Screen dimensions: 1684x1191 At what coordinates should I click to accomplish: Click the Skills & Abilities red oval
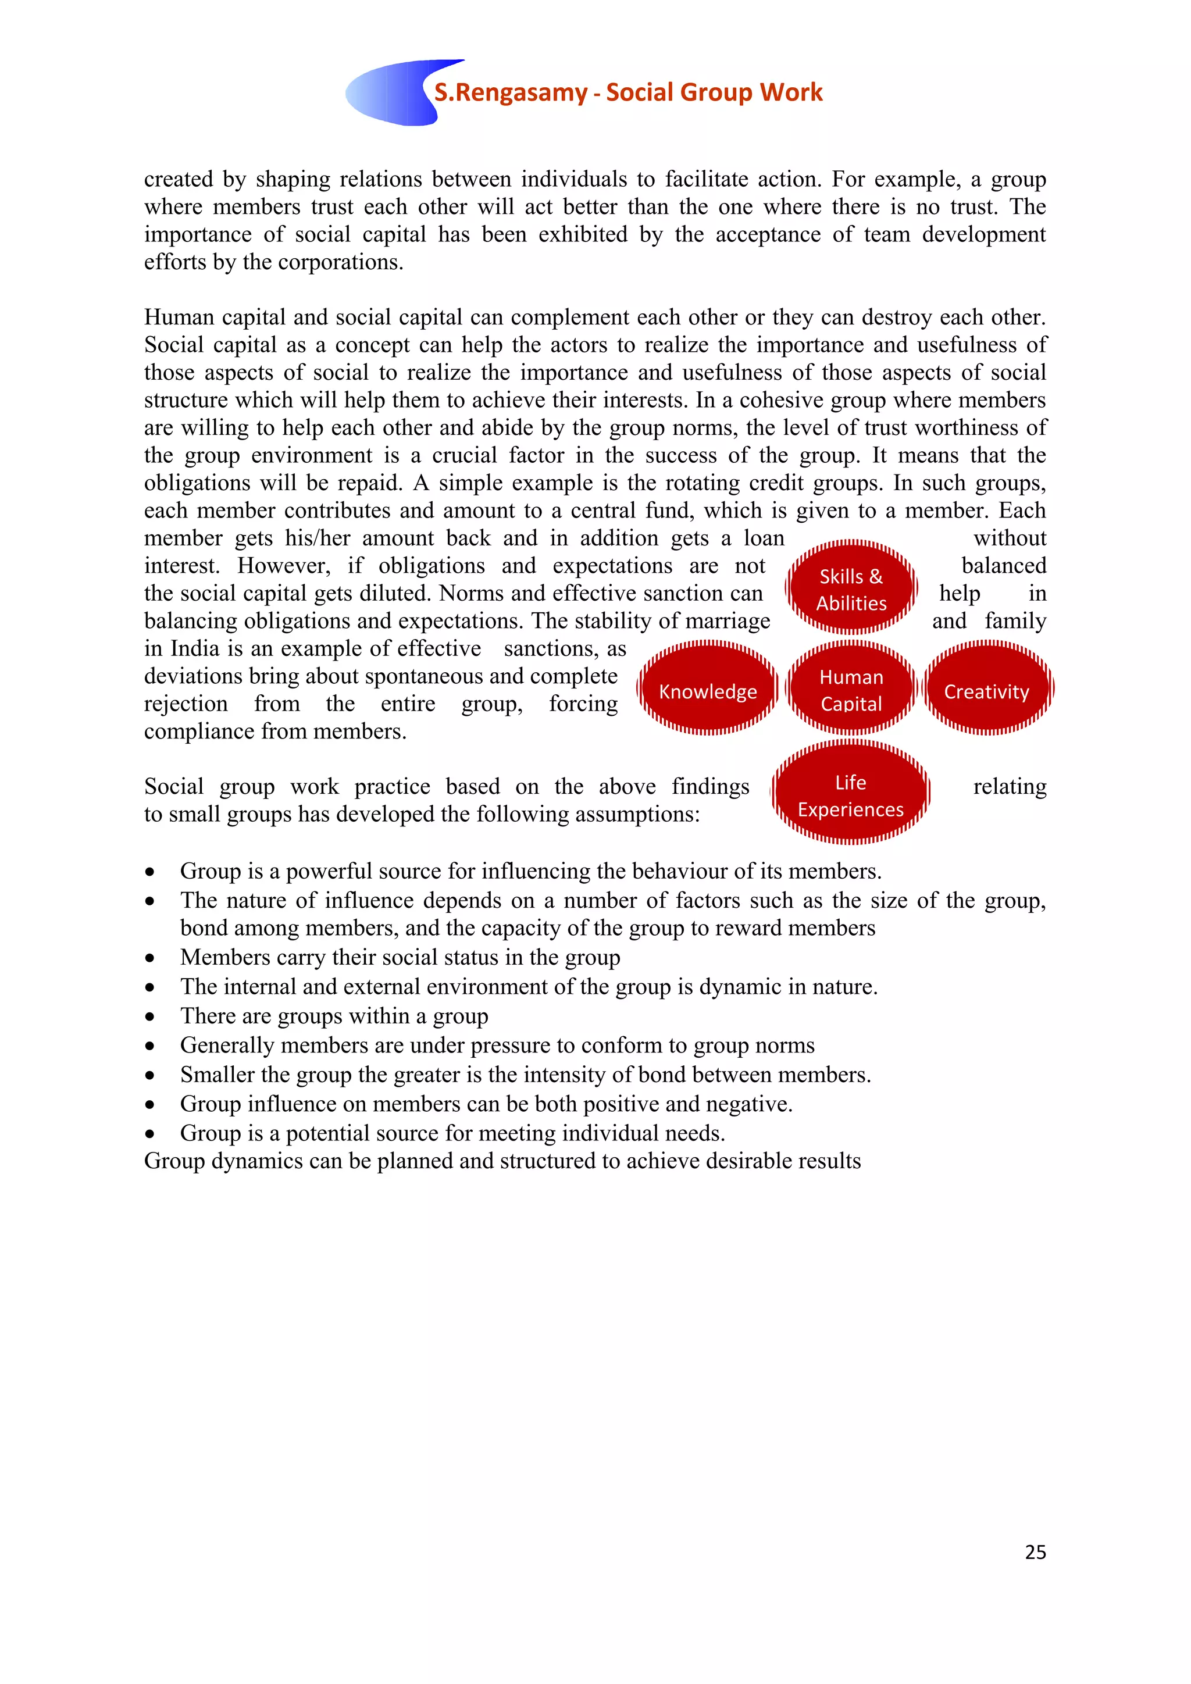[x=851, y=589]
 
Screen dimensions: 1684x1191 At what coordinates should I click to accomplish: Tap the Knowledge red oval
[x=707, y=690]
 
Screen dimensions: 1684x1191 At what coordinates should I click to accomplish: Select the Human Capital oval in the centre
[x=851, y=690]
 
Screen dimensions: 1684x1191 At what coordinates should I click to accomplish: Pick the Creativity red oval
[x=986, y=690]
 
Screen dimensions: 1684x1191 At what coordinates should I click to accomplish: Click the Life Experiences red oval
[x=850, y=795]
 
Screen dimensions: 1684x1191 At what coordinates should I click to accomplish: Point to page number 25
[x=1035, y=1551]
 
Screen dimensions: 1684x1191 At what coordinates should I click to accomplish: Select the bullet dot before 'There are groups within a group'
[x=149, y=1017]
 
